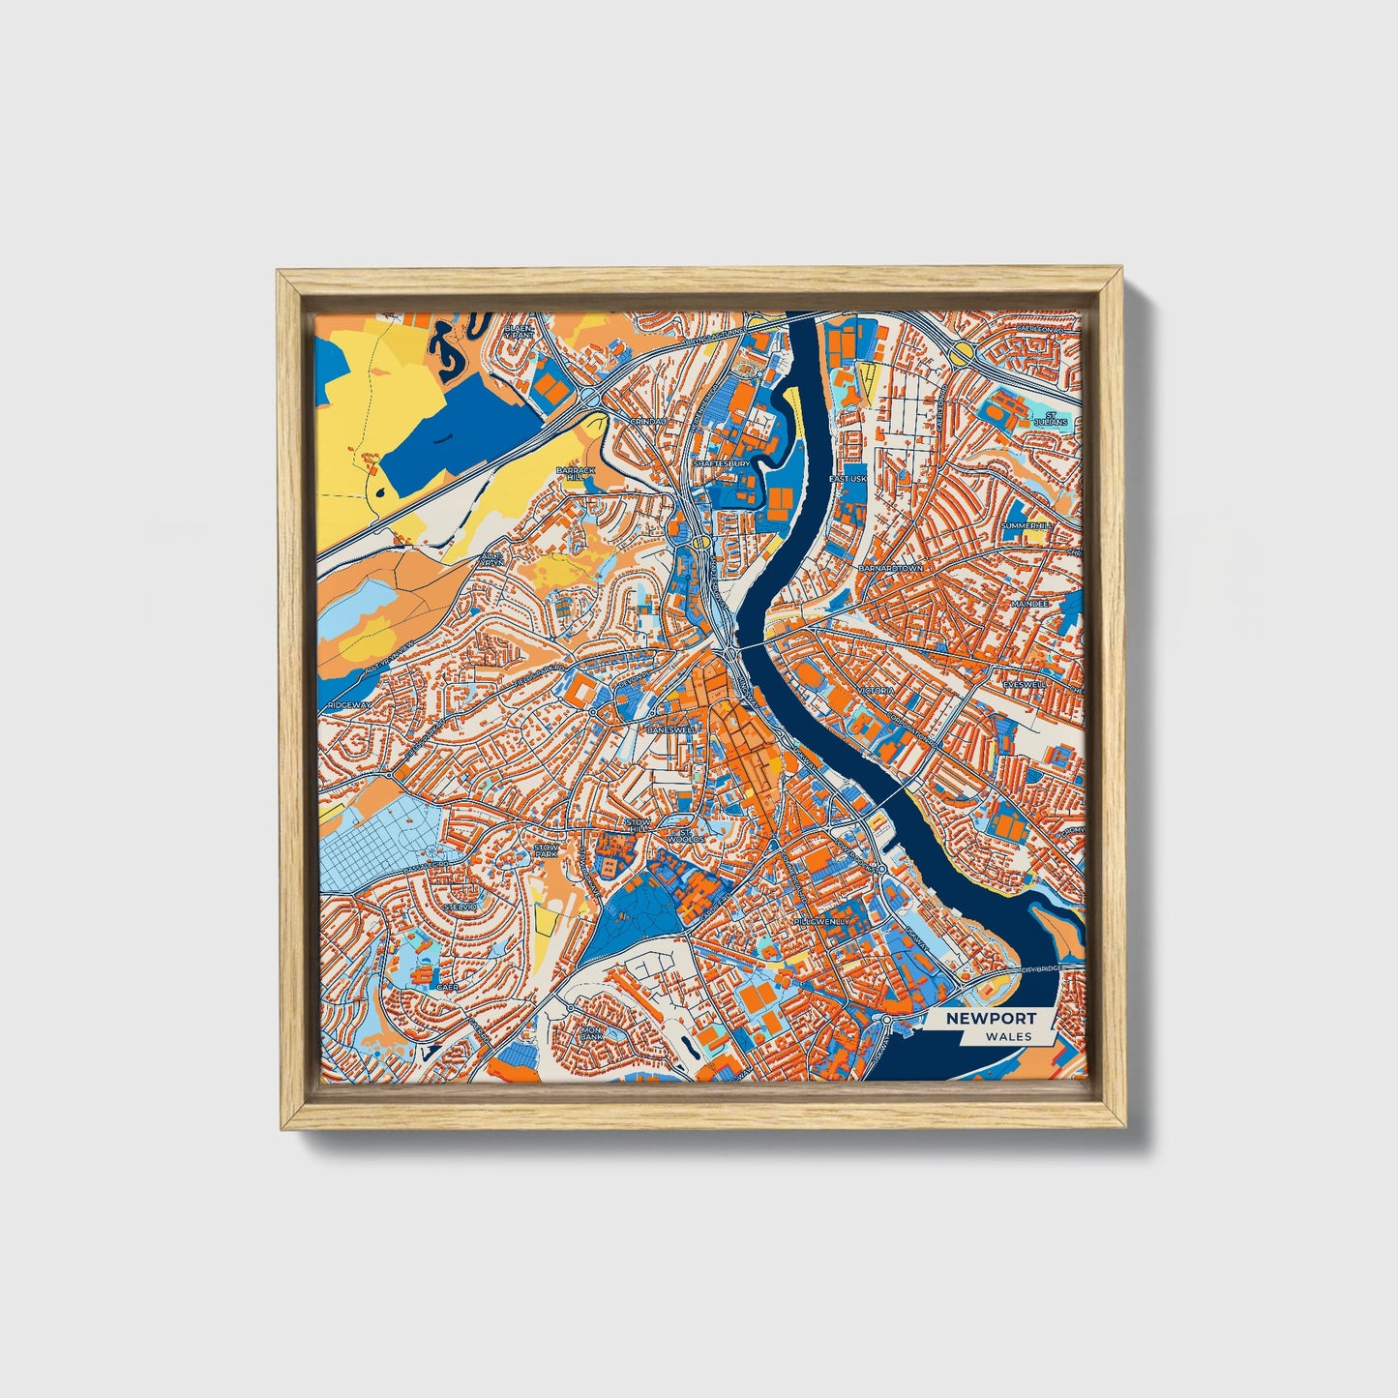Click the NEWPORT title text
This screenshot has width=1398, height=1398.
tap(991, 1018)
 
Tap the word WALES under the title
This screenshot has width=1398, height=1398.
tap(1009, 1036)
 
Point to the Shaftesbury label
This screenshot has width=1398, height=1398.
tap(721, 464)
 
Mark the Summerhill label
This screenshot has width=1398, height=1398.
tap(1026, 525)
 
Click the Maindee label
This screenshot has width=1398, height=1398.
tap(1028, 604)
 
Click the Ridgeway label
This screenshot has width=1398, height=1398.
tap(348, 705)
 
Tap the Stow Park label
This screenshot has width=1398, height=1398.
tap(547, 850)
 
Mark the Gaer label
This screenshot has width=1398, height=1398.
tap(447, 986)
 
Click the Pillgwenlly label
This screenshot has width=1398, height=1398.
tap(821, 922)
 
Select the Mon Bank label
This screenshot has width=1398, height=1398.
tap(590, 1034)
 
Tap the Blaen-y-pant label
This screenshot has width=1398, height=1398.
tap(520, 332)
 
